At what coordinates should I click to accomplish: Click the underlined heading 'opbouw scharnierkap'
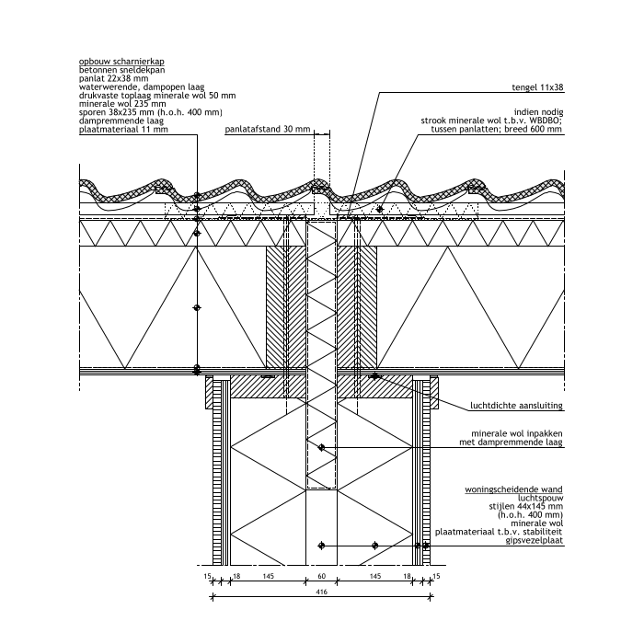(121, 61)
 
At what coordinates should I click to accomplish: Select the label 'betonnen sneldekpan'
(122, 69)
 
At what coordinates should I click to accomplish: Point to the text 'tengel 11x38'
(537, 88)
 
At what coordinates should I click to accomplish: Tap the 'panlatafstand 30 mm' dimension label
(268, 130)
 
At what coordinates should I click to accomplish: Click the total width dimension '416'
(321, 592)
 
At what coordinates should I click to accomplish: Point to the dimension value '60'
(321, 575)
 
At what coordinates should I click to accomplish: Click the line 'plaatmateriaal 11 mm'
(123, 131)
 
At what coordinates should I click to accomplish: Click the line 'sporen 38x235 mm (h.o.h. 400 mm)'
(151, 113)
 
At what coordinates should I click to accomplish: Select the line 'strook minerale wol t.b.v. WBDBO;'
(491, 121)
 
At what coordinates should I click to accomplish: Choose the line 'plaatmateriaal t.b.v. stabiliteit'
(499, 532)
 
